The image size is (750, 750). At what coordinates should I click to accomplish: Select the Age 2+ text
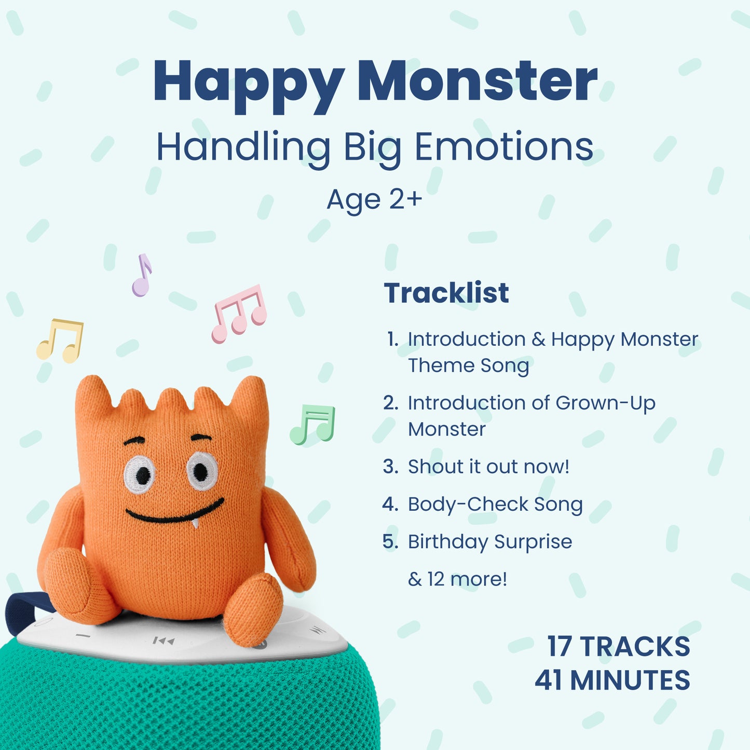374,200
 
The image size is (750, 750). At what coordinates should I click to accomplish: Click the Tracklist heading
446,293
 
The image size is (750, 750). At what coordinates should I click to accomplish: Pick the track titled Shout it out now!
488,466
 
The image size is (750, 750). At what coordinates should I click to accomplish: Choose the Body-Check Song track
495,504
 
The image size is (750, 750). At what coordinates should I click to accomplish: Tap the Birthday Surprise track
490,542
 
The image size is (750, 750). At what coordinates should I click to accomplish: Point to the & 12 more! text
458,579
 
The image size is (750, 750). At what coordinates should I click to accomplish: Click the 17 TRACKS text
619,647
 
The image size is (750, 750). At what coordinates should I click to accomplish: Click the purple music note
142,276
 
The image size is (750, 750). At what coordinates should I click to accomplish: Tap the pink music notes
239,313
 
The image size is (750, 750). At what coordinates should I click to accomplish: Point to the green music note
312,425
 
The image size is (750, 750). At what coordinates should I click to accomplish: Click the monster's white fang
195,523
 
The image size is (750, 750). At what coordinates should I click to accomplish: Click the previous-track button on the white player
163,640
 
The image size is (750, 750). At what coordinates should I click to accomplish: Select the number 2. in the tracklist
390,403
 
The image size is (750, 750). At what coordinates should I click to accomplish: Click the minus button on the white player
83,636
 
